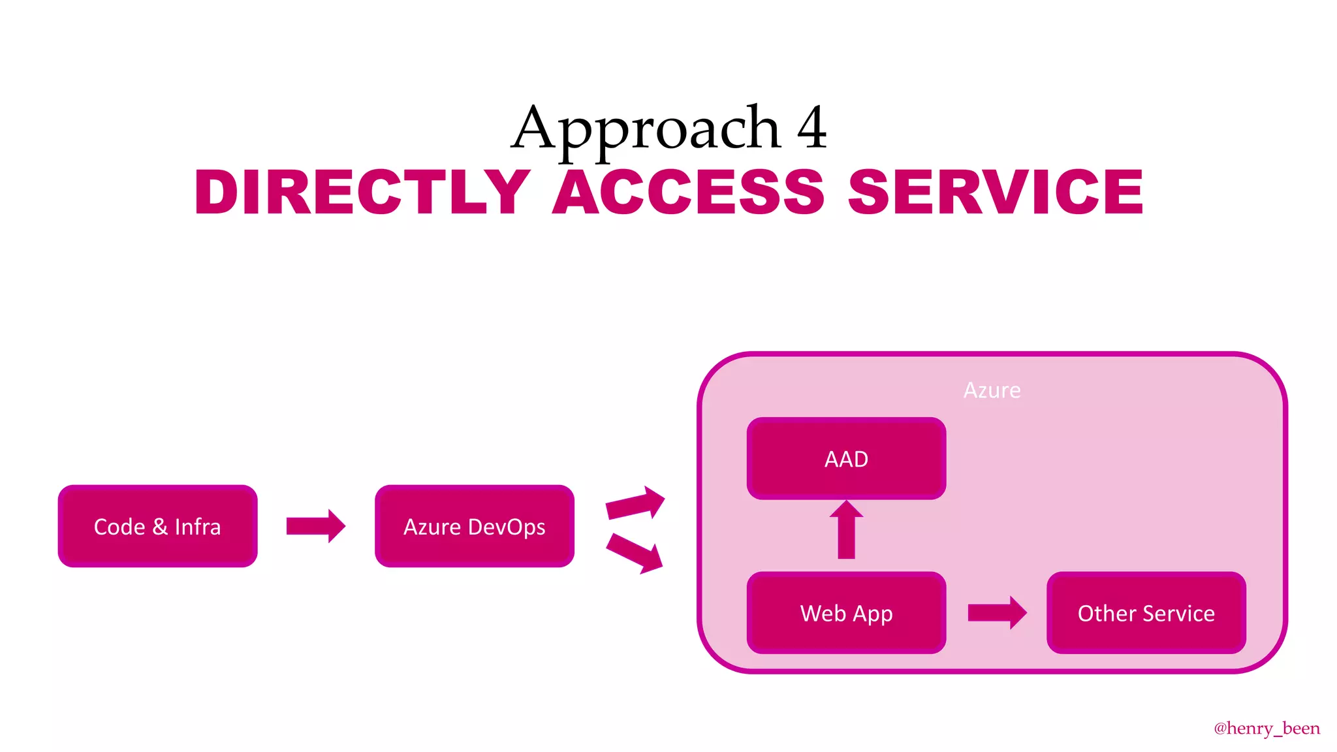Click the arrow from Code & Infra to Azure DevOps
[x=315, y=526]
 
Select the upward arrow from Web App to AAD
[x=846, y=530]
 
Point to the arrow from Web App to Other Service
[x=997, y=612]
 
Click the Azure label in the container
[x=992, y=390]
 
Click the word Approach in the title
[x=646, y=129]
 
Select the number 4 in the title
[x=811, y=128]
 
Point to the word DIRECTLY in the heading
[x=362, y=192]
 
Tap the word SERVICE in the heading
[x=996, y=192]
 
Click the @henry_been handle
[x=1266, y=728]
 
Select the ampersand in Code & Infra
[x=160, y=527]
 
